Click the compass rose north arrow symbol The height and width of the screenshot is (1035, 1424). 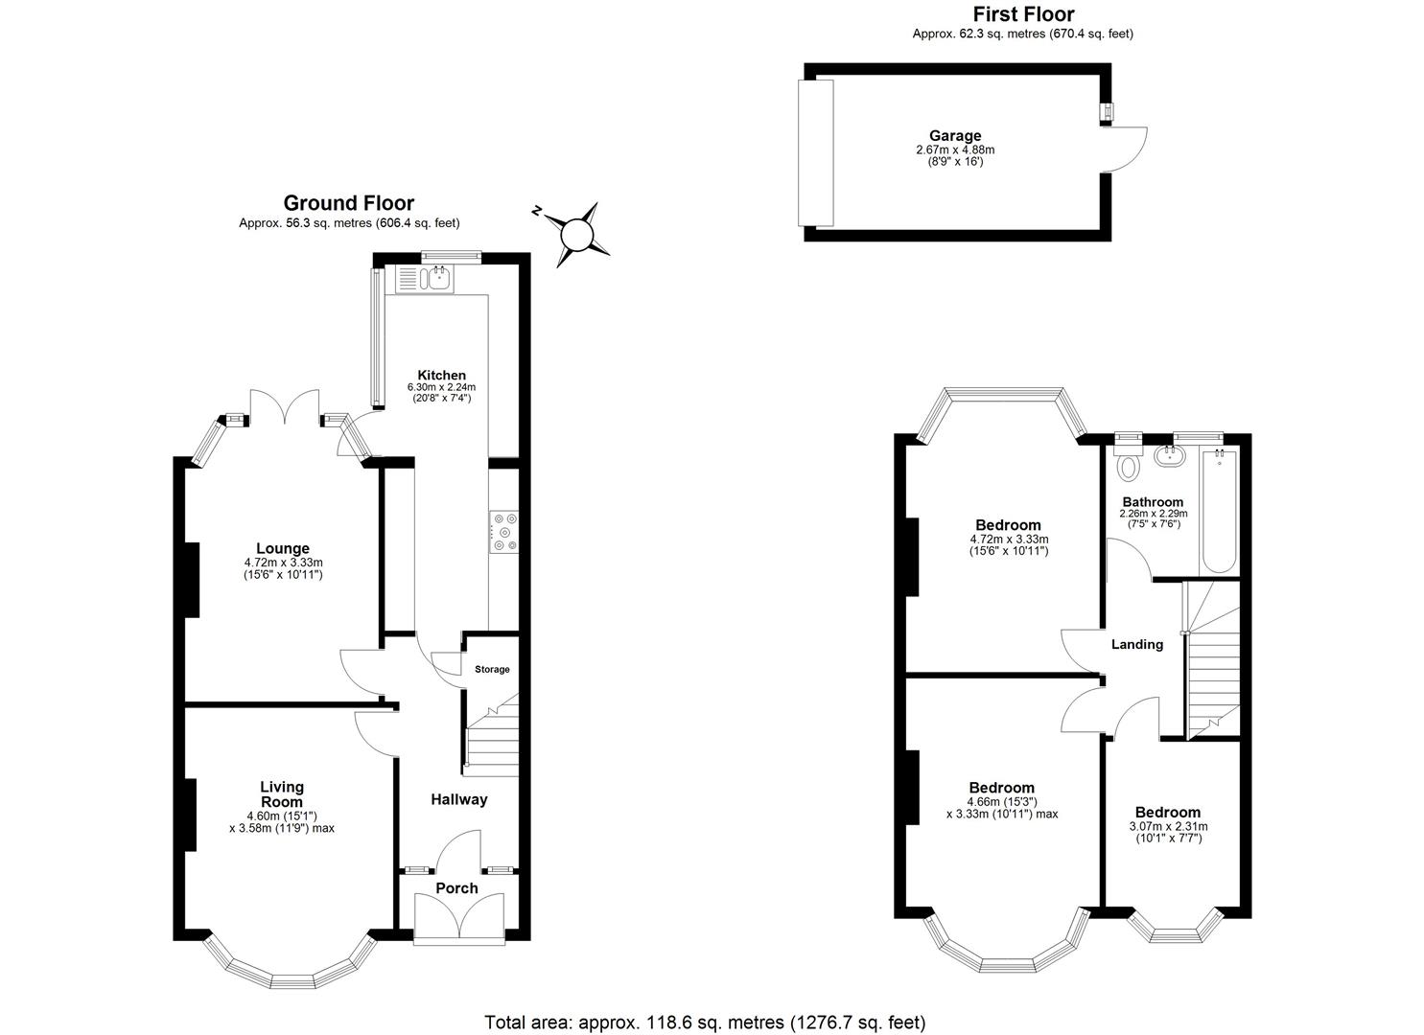tap(577, 233)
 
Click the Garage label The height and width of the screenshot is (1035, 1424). tap(954, 136)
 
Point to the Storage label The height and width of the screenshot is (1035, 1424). tap(492, 669)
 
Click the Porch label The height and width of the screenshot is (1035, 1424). tap(456, 888)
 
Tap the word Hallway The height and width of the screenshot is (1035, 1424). tap(458, 799)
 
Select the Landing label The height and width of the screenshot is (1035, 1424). tap(1136, 644)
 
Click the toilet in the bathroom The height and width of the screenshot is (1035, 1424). tap(1129, 467)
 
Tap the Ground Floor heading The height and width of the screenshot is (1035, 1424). tap(349, 203)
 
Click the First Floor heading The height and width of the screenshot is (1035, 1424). tap(1023, 14)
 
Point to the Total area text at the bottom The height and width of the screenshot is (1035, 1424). tap(705, 1023)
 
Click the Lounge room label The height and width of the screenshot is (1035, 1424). tap(283, 549)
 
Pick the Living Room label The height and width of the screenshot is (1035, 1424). tap(282, 794)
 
